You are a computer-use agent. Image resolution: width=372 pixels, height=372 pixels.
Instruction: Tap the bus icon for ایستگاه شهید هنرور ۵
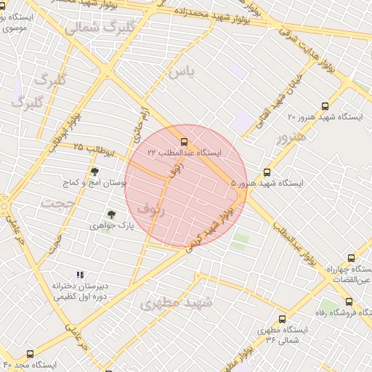[267, 173]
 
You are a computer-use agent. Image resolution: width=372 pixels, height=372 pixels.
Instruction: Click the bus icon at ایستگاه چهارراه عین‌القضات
[352, 258]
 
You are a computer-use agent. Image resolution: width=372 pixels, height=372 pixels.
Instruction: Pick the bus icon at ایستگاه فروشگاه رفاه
[349, 302]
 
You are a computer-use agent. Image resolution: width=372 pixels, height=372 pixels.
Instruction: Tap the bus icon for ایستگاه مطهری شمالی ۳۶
[282, 319]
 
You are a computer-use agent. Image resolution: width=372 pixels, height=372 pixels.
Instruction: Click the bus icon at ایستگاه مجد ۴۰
[30, 354]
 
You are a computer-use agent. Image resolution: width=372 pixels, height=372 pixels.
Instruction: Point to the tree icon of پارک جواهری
[111, 214]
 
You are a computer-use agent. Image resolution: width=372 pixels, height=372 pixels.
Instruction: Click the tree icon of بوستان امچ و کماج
[94, 171]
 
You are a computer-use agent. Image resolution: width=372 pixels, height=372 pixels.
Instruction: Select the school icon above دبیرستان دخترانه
[79, 275]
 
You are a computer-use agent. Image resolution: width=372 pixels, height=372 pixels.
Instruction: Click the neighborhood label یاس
[182, 72]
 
